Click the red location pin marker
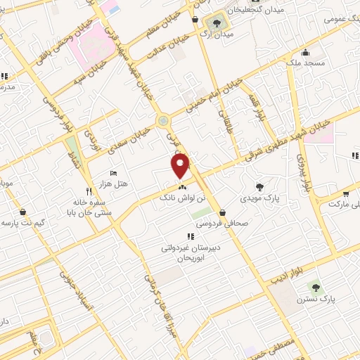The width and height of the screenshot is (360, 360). [x=181, y=166]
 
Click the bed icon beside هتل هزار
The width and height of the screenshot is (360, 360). [x=114, y=174]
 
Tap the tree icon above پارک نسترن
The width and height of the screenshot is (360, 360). [x=314, y=286]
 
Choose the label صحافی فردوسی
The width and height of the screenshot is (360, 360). [x=229, y=223]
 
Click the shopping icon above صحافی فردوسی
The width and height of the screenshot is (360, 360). [x=222, y=212]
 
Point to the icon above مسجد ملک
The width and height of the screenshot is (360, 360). [x=305, y=53]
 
